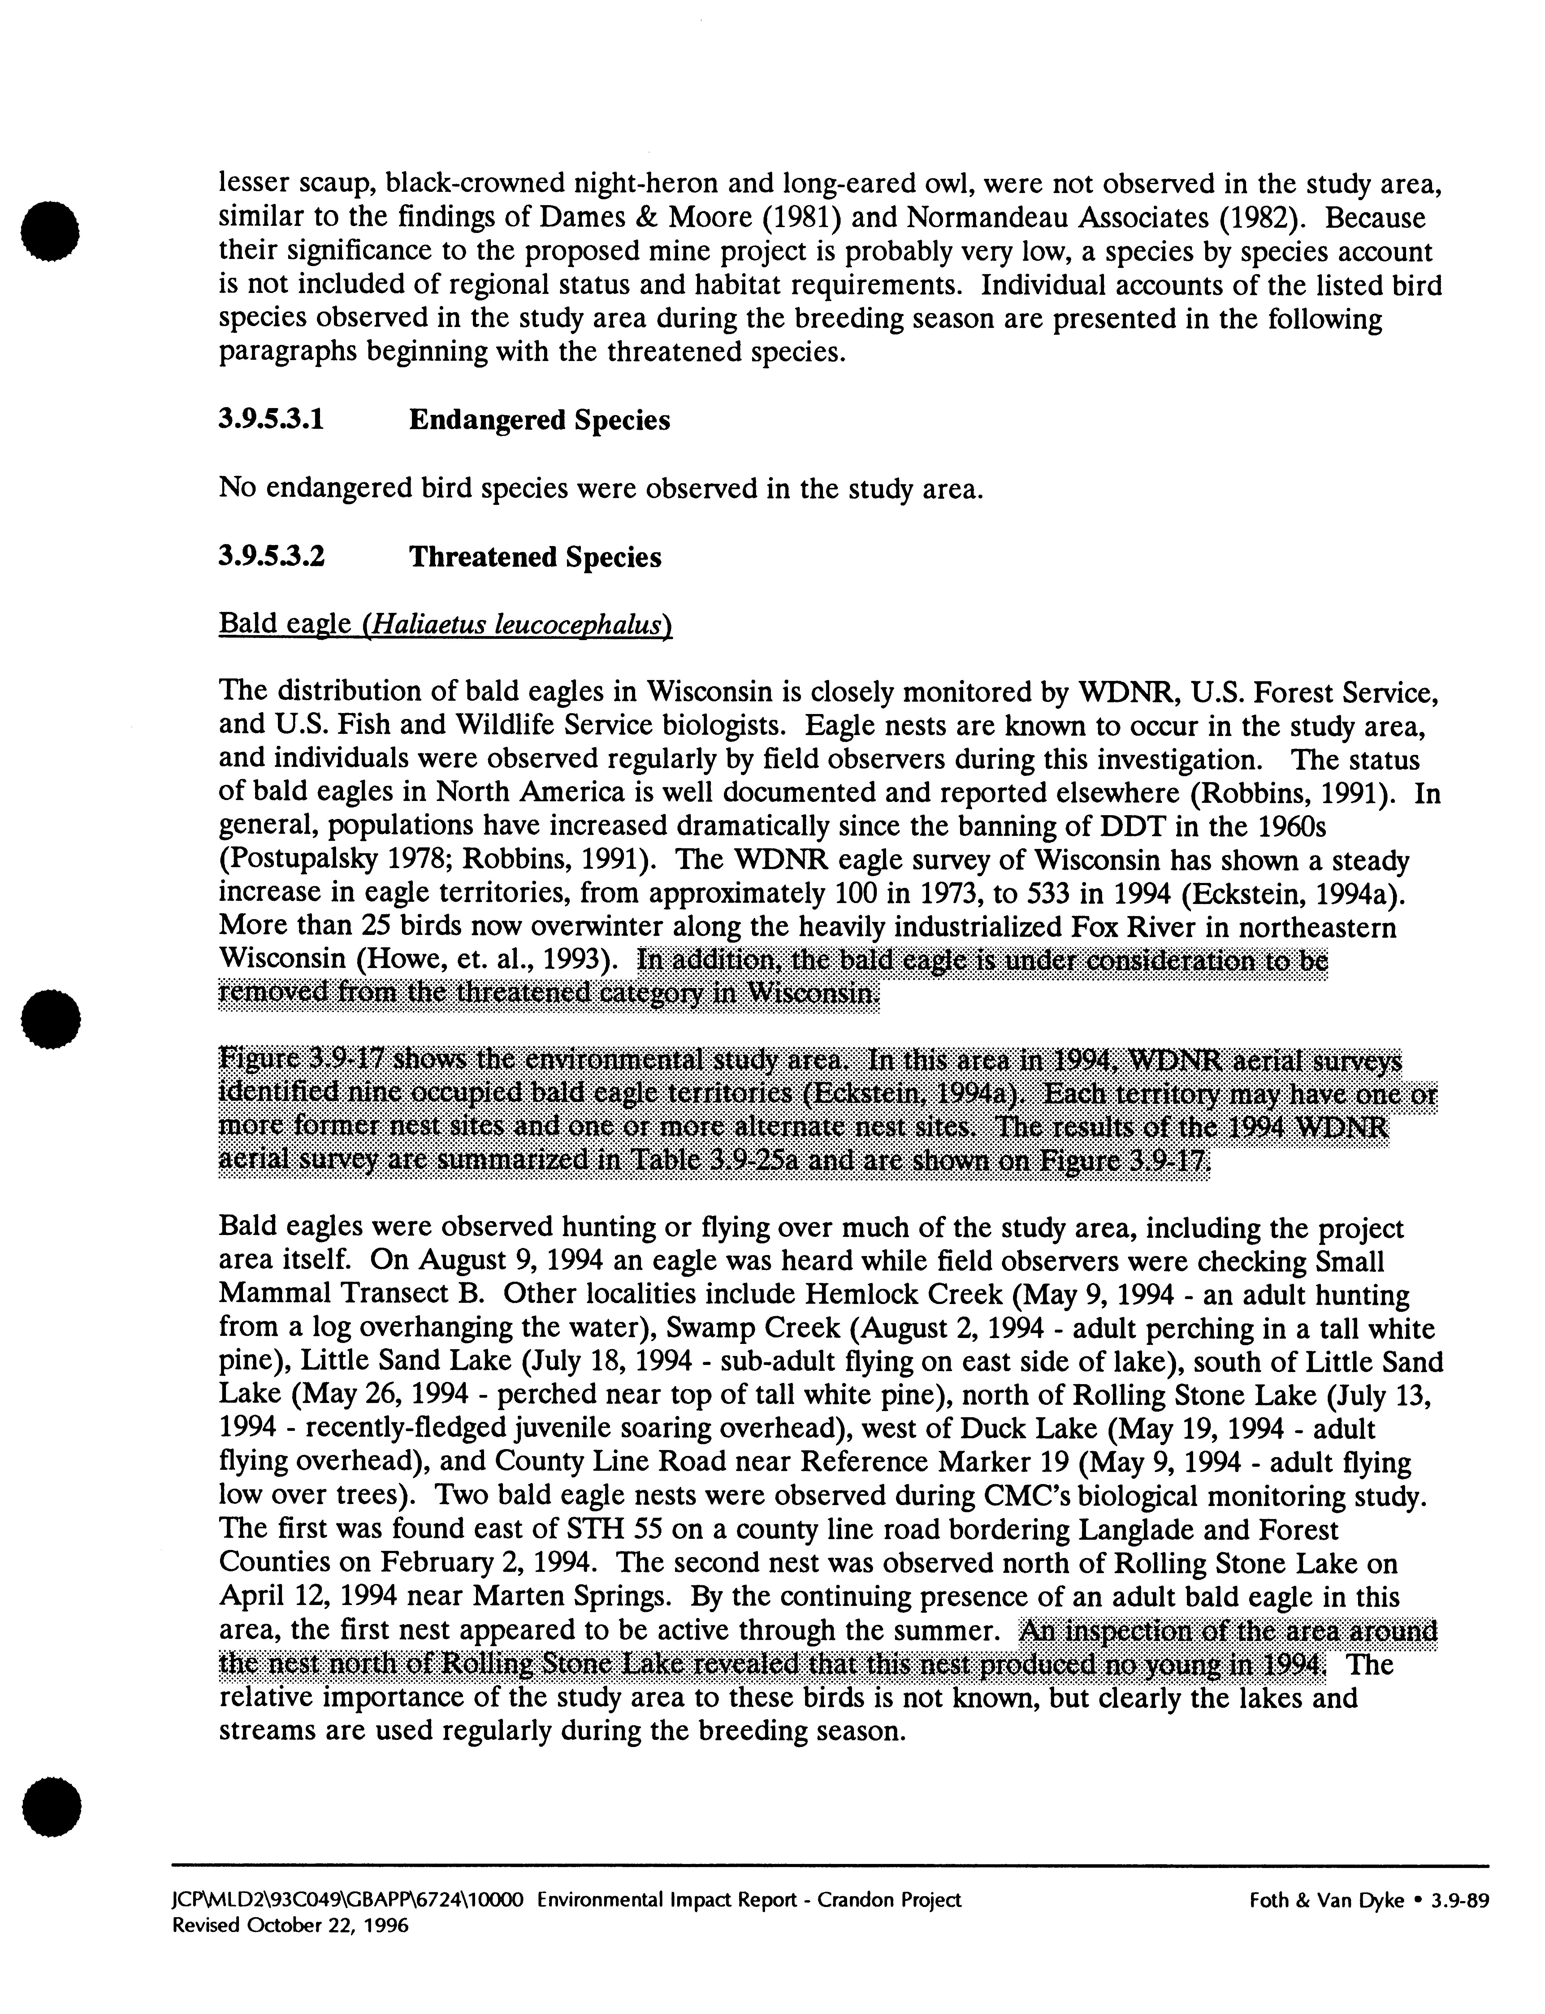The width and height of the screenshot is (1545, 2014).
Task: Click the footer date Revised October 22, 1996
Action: (291, 1924)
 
